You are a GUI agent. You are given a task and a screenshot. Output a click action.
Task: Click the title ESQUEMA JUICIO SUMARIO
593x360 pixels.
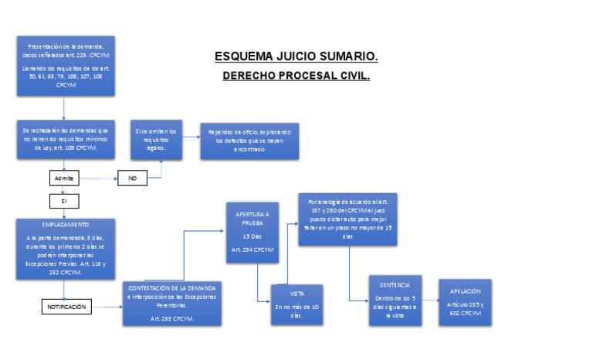point(296,57)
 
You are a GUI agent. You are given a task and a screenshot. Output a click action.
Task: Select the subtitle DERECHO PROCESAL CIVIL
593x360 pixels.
point(296,76)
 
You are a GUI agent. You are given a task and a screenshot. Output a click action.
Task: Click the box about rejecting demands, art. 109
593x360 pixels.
point(66,139)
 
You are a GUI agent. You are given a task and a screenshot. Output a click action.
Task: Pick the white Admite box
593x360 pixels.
point(64,178)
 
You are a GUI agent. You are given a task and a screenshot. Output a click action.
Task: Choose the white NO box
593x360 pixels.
point(132,178)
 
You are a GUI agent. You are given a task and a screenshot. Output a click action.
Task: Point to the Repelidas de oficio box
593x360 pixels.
point(249,141)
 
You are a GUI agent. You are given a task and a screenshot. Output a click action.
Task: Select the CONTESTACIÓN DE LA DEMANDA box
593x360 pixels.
point(173,304)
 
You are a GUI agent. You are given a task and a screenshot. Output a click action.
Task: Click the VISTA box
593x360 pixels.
point(296,304)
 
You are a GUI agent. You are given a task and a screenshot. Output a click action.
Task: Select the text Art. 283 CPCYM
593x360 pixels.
point(173,318)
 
